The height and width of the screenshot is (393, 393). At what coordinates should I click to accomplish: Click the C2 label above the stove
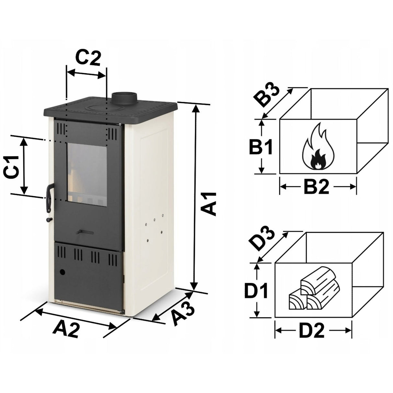[x=88, y=58]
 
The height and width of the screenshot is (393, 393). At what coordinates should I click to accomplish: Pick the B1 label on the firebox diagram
[x=261, y=147]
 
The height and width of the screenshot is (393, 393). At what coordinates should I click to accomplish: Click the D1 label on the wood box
[x=256, y=290]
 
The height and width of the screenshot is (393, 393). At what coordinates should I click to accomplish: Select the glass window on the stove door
[x=87, y=174]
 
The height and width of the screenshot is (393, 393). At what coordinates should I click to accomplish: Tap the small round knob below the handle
[x=49, y=219]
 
